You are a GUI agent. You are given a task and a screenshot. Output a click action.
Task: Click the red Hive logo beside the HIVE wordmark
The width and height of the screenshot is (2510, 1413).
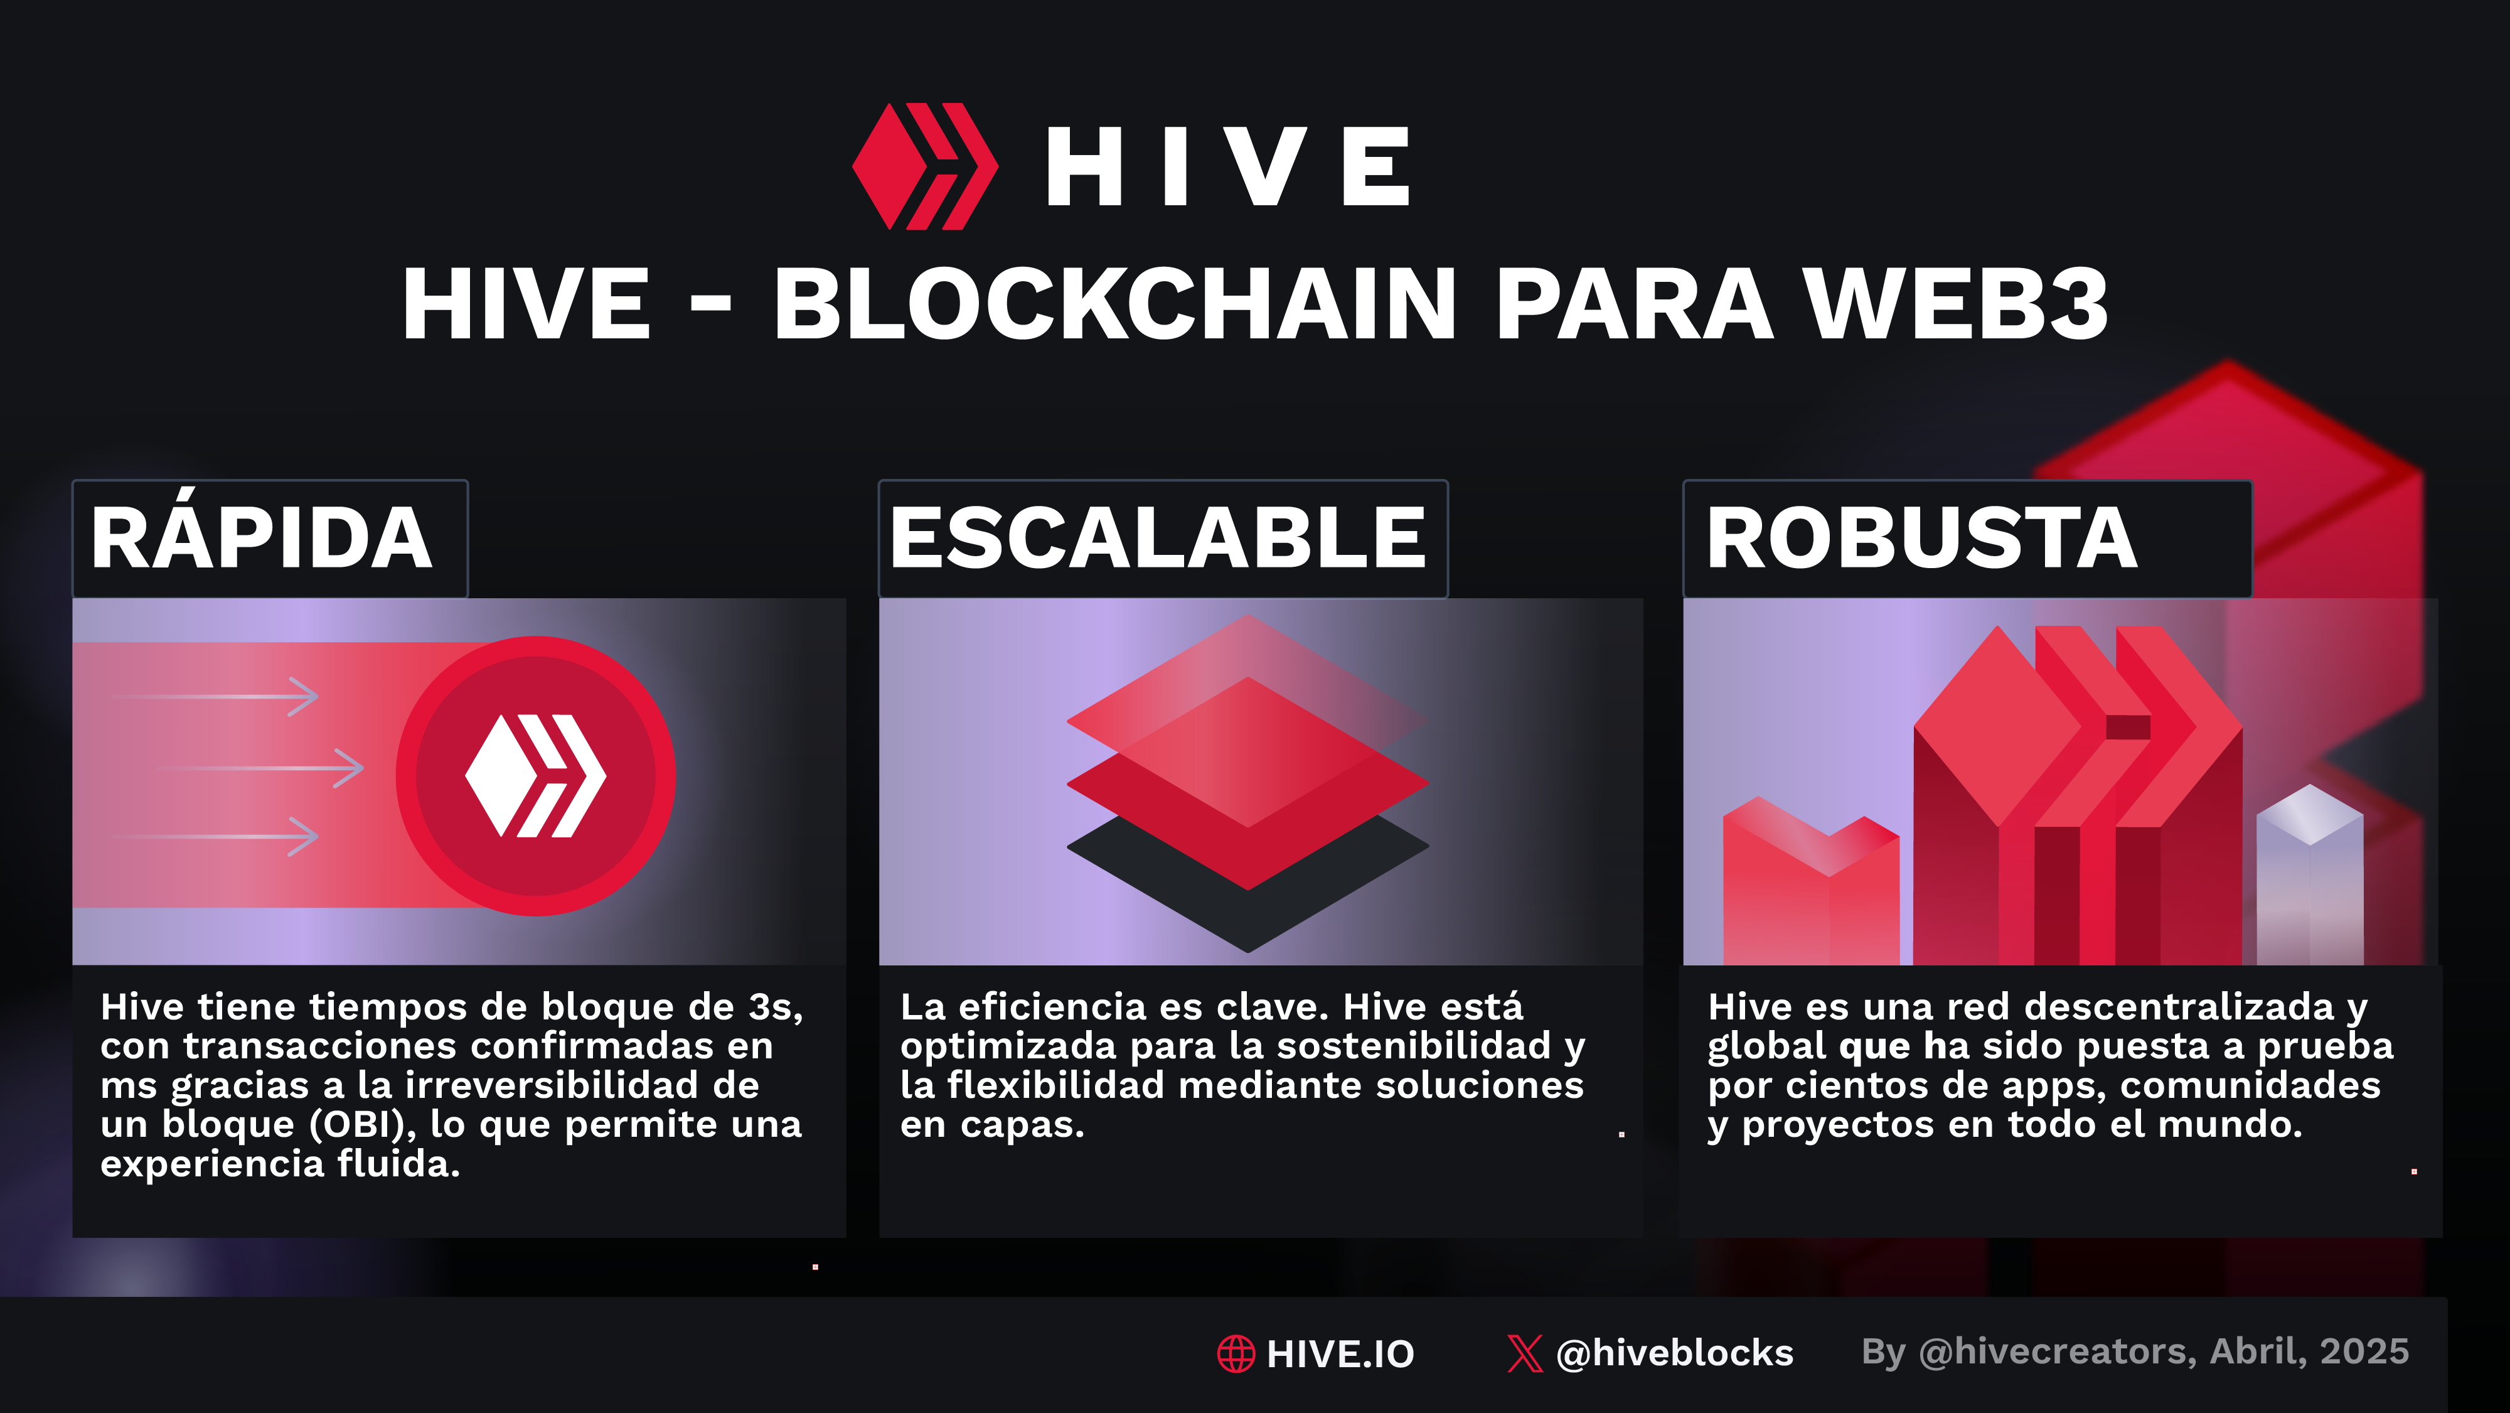(925, 166)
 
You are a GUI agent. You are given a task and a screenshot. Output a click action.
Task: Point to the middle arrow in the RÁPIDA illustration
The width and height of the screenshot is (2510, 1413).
(258, 768)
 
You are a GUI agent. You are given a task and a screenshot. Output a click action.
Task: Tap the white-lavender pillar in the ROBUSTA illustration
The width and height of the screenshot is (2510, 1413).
(2309, 877)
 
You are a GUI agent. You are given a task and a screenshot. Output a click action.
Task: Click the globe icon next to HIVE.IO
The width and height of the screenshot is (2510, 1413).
(1236, 1353)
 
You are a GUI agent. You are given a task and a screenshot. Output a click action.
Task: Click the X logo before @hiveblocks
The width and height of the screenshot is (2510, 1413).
(1525, 1353)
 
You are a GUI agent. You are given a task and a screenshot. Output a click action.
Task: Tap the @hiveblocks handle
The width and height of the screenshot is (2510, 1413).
(1675, 1353)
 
